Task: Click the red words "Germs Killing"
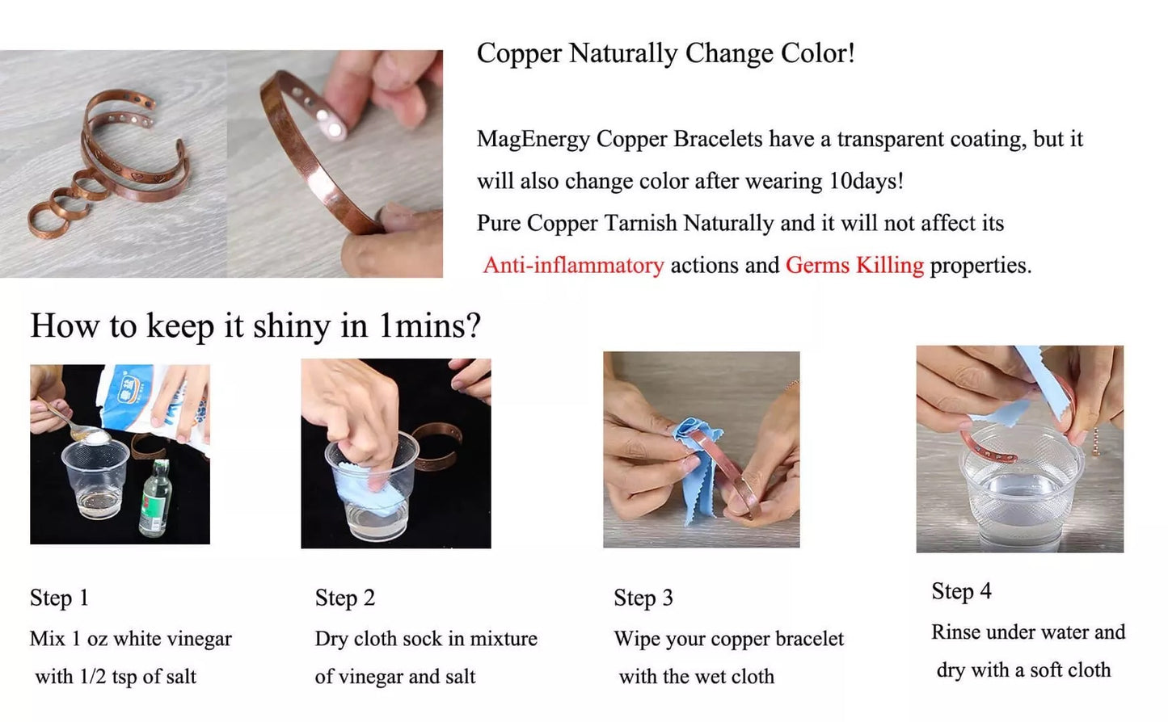point(854,265)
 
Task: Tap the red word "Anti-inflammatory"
point(573,265)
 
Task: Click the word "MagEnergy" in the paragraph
point(533,140)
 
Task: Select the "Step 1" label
point(59,598)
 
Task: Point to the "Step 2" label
point(345,598)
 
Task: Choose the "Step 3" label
point(643,598)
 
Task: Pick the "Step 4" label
point(961,591)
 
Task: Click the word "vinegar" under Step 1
point(196,639)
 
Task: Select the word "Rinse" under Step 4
point(957,632)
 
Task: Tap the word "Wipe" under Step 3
point(637,639)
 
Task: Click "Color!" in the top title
point(817,54)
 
